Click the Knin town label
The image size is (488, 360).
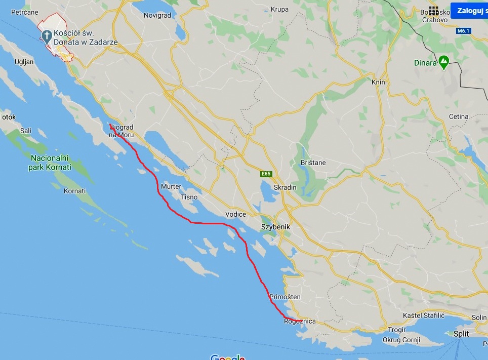click(x=378, y=82)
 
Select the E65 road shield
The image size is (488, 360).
click(x=266, y=174)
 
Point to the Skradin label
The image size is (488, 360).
click(x=284, y=187)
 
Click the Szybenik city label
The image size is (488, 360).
click(x=275, y=227)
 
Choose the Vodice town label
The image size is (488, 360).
click(x=235, y=214)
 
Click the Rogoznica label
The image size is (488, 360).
click(x=301, y=322)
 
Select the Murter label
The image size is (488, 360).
click(x=171, y=186)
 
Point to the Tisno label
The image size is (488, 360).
click(x=189, y=197)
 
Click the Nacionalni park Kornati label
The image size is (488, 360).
click(x=51, y=162)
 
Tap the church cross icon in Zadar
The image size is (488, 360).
click(x=47, y=35)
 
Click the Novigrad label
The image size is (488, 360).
click(x=157, y=15)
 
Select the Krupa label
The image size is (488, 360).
click(x=279, y=9)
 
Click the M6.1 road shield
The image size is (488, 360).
click(x=463, y=31)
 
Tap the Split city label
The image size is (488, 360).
click(x=461, y=334)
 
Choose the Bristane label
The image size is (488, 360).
click(x=313, y=163)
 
